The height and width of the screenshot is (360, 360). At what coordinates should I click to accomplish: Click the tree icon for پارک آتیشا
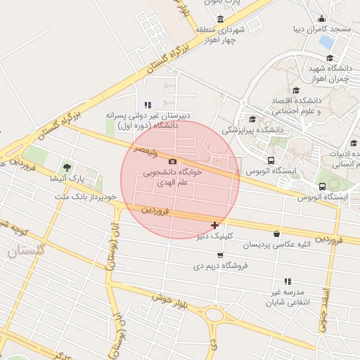click(67, 167)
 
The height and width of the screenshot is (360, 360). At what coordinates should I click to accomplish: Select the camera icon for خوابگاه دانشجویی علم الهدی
click(173, 161)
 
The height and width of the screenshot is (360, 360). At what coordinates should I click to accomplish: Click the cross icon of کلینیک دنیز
click(214, 226)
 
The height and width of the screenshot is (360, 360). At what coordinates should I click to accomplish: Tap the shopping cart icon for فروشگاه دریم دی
click(221, 255)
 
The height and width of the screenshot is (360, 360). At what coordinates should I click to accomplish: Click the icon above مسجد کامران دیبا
click(322, 19)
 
